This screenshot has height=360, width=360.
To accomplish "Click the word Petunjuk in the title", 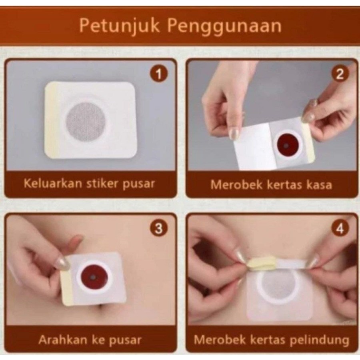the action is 119,26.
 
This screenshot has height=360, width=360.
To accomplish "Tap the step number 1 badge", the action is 159,74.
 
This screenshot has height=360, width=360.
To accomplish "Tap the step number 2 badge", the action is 340,74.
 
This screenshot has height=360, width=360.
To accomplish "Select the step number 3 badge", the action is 159,228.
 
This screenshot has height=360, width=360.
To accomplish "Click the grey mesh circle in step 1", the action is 86,121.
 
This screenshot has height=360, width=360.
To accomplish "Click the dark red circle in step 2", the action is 286,145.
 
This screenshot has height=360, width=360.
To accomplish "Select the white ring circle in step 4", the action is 278,287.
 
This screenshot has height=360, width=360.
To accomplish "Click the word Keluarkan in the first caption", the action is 53,183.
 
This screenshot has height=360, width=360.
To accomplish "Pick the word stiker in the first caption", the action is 103,183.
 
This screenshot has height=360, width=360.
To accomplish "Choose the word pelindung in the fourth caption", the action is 319,340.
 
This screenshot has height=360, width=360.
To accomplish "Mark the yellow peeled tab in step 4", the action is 262,262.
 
